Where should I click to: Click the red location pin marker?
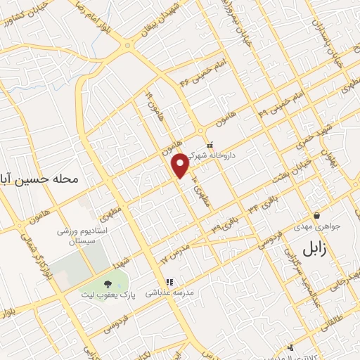tap(181, 165)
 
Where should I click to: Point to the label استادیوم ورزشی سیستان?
tap(82, 234)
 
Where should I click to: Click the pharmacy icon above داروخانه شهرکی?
tap(210, 146)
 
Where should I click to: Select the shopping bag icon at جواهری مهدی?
tap(317, 216)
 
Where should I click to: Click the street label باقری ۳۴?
tap(259, 205)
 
